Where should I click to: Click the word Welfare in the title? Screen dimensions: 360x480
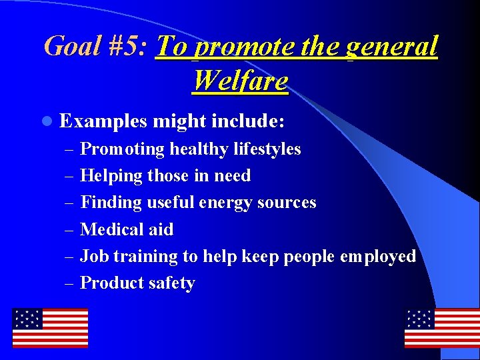(x=240, y=81)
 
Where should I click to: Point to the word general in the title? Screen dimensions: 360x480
(x=392, y=47)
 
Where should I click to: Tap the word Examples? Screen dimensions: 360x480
(x=103, y=122)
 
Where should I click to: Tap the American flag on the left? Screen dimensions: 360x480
(x=50, y=327)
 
